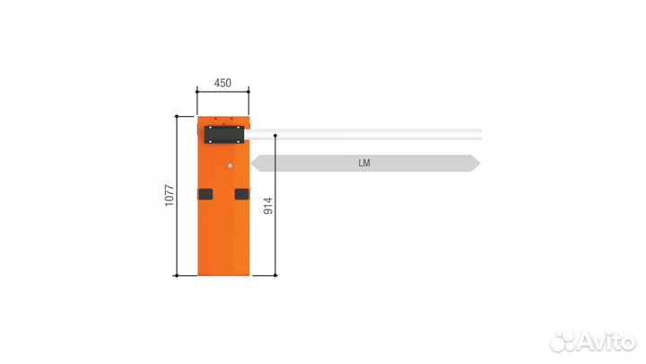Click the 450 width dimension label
pyautogui.click(x=223, y=83)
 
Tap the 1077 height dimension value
pyautogui.click(x=169, y=195)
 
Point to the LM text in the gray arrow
pyautogui.click(x=363, y=164)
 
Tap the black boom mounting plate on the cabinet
pyautogui.click(x=224, y=133)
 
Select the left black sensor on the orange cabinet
pyautogui.click(x=205, y=194)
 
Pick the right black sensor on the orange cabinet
pyautogui.click(x=241, y=194)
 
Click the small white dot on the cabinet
pyautogui.click(x=230, y=166)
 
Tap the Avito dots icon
pyautogui.click(x=563, y=341)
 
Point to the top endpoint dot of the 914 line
pyautogui.click(x=276, y=136)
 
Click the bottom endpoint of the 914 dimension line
pyautogui.click(x=276, y=275)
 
